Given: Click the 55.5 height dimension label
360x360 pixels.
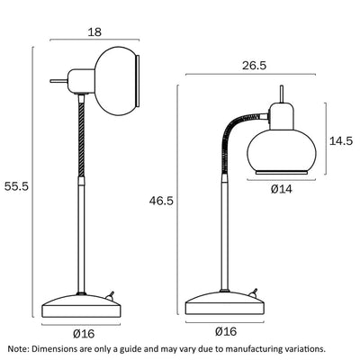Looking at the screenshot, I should pyautogui.click(x=17, y=186).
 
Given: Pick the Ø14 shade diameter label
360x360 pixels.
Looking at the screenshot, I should pyautogui.click(x=283, y=188).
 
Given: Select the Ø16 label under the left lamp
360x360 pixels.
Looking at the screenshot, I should pyautogui.click(x=83, y=334).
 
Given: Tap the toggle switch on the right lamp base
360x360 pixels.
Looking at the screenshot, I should pyautogui.click(x=255, y=293).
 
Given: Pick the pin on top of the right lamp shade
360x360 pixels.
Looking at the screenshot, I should pyautogui.click(x=283, y=93).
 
